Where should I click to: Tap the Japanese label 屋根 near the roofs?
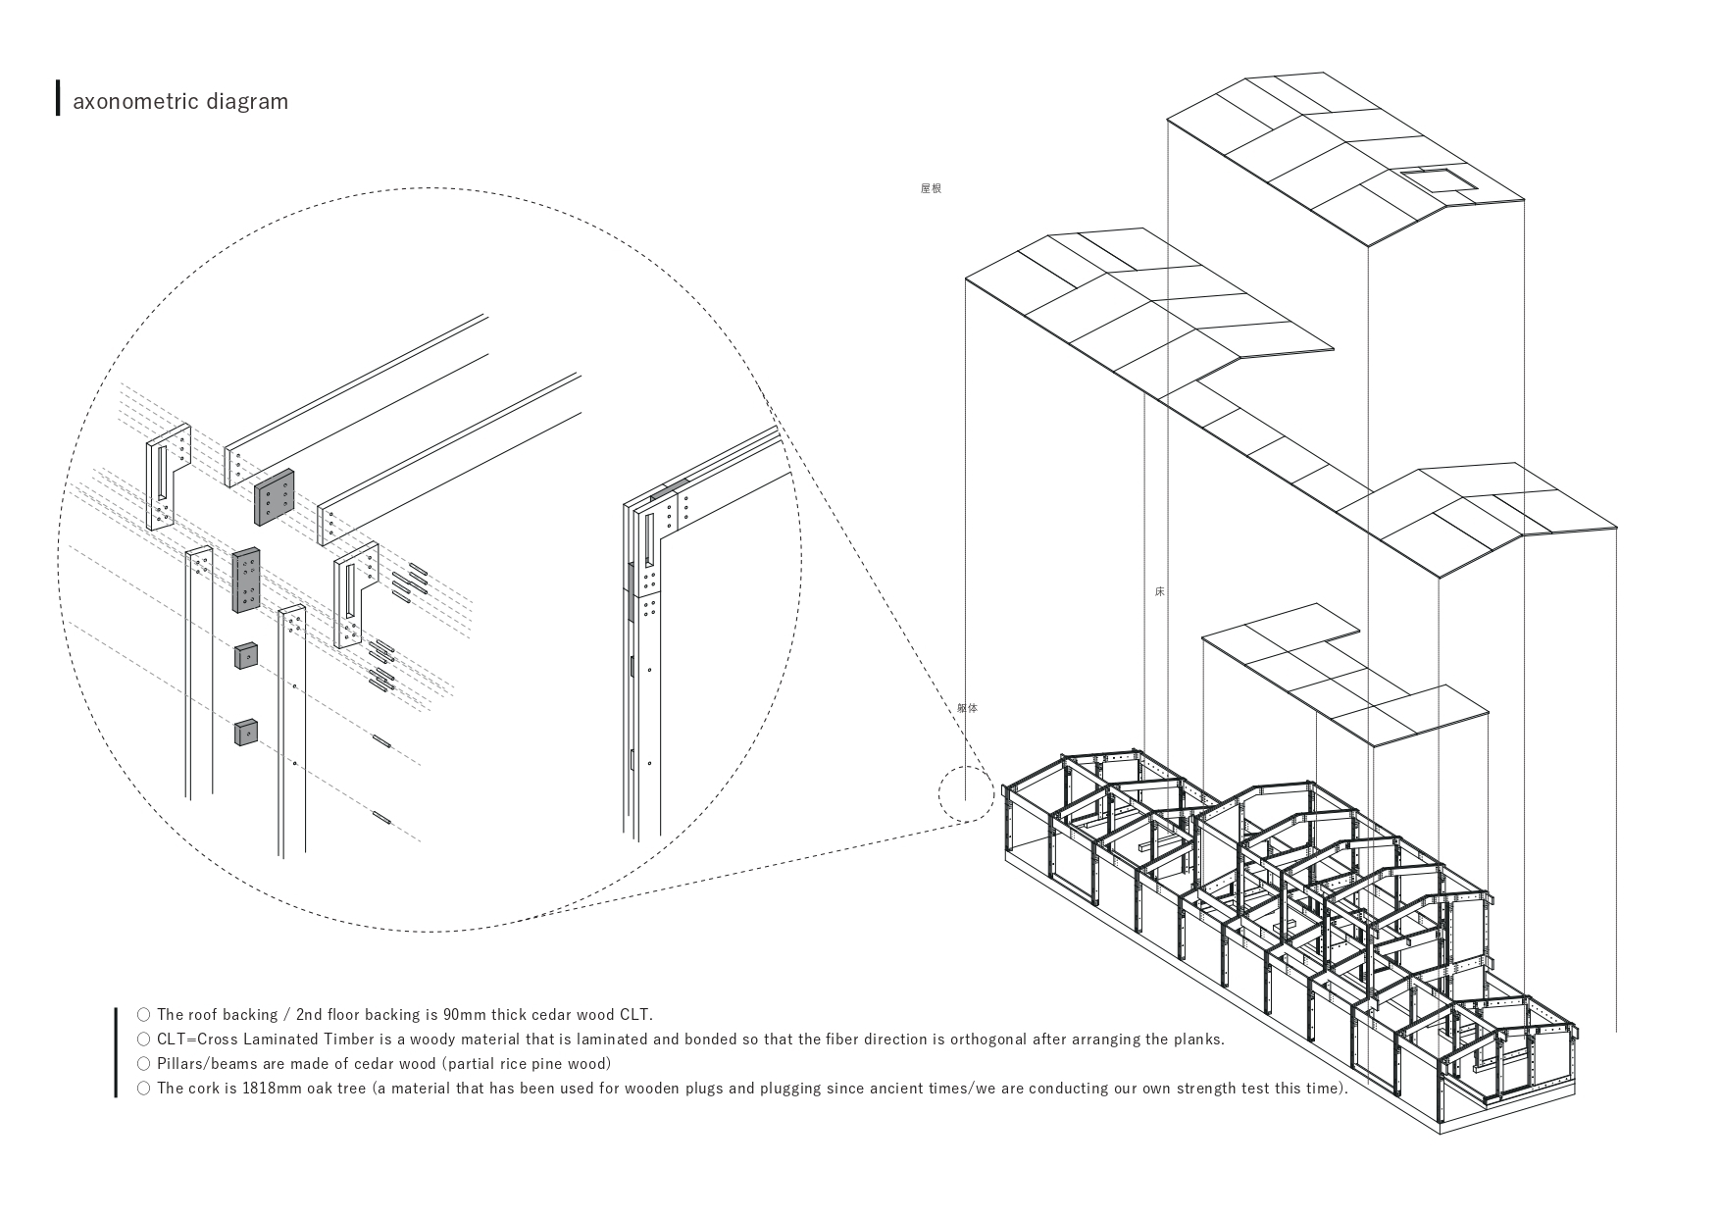[931, 188]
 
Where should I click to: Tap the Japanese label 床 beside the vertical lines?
[1160, 592]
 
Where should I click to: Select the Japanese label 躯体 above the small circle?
[967, 708]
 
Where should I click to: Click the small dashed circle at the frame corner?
[966, 793]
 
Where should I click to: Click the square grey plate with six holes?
[274, 498]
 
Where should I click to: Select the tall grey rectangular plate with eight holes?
[246, 580]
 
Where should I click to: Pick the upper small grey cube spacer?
[245, 655]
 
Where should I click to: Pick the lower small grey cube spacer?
[245, 732]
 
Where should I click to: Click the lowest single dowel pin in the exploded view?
[382, 816]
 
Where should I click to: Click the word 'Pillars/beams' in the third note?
[207, 1063]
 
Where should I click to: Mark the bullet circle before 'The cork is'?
[144, 1088]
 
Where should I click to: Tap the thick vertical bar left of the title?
[58, 98]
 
